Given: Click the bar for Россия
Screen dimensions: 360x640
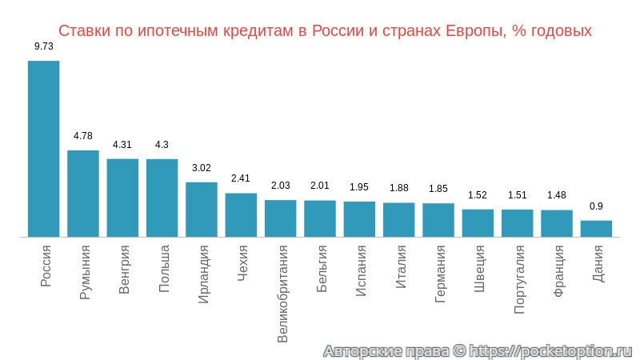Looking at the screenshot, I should click(x=44, y=149).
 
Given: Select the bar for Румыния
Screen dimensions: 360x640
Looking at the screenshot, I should click(x=83, y=194).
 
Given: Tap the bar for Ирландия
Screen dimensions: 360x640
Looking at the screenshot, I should click(x=202, y=210).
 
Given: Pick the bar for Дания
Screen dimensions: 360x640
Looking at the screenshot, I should click(x=596, y=229).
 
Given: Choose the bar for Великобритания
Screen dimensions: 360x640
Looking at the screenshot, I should click(x=281, y=218).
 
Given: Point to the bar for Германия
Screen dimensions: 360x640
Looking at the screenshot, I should click(x=438, y=220).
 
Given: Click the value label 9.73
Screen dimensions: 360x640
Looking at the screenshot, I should click(x=44, y=46).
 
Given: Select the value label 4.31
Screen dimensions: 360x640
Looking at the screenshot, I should click(x=122, y=145).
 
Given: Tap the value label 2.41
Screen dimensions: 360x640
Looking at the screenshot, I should click(x=241, y=178).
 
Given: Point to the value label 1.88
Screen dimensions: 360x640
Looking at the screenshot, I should click(x=399, y=188).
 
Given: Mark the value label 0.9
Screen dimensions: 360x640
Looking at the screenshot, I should click(x=596, y=206).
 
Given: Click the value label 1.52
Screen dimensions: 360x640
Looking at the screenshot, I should click(x=478, y=194).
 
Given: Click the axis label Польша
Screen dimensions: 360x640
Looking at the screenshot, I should click(x=163, y=270).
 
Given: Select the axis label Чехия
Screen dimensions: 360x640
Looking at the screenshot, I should click(x=242, y=265).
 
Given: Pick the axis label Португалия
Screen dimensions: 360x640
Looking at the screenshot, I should click(x=518, y=279).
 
